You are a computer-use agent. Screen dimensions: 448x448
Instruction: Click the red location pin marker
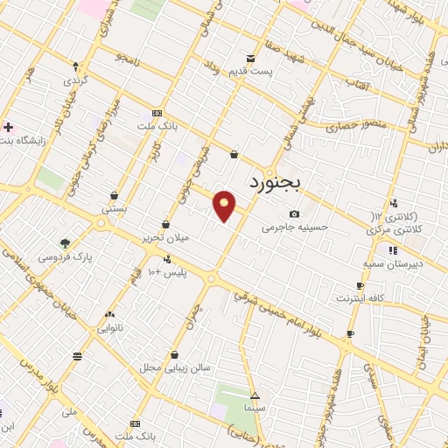[225, 206]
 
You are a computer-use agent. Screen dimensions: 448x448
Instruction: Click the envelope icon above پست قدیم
[251, 59]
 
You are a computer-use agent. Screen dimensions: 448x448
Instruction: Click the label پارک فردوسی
[71, 256]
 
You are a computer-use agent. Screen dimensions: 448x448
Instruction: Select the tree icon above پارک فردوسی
[64, 243]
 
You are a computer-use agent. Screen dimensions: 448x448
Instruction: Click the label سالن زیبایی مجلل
[175, 367]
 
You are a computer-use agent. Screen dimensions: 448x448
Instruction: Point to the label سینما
[254, 408]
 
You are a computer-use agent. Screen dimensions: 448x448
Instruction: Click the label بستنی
[115, 209]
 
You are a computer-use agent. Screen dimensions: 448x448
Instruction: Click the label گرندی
[74, 78]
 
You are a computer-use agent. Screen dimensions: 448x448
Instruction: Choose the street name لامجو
[125, 59]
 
